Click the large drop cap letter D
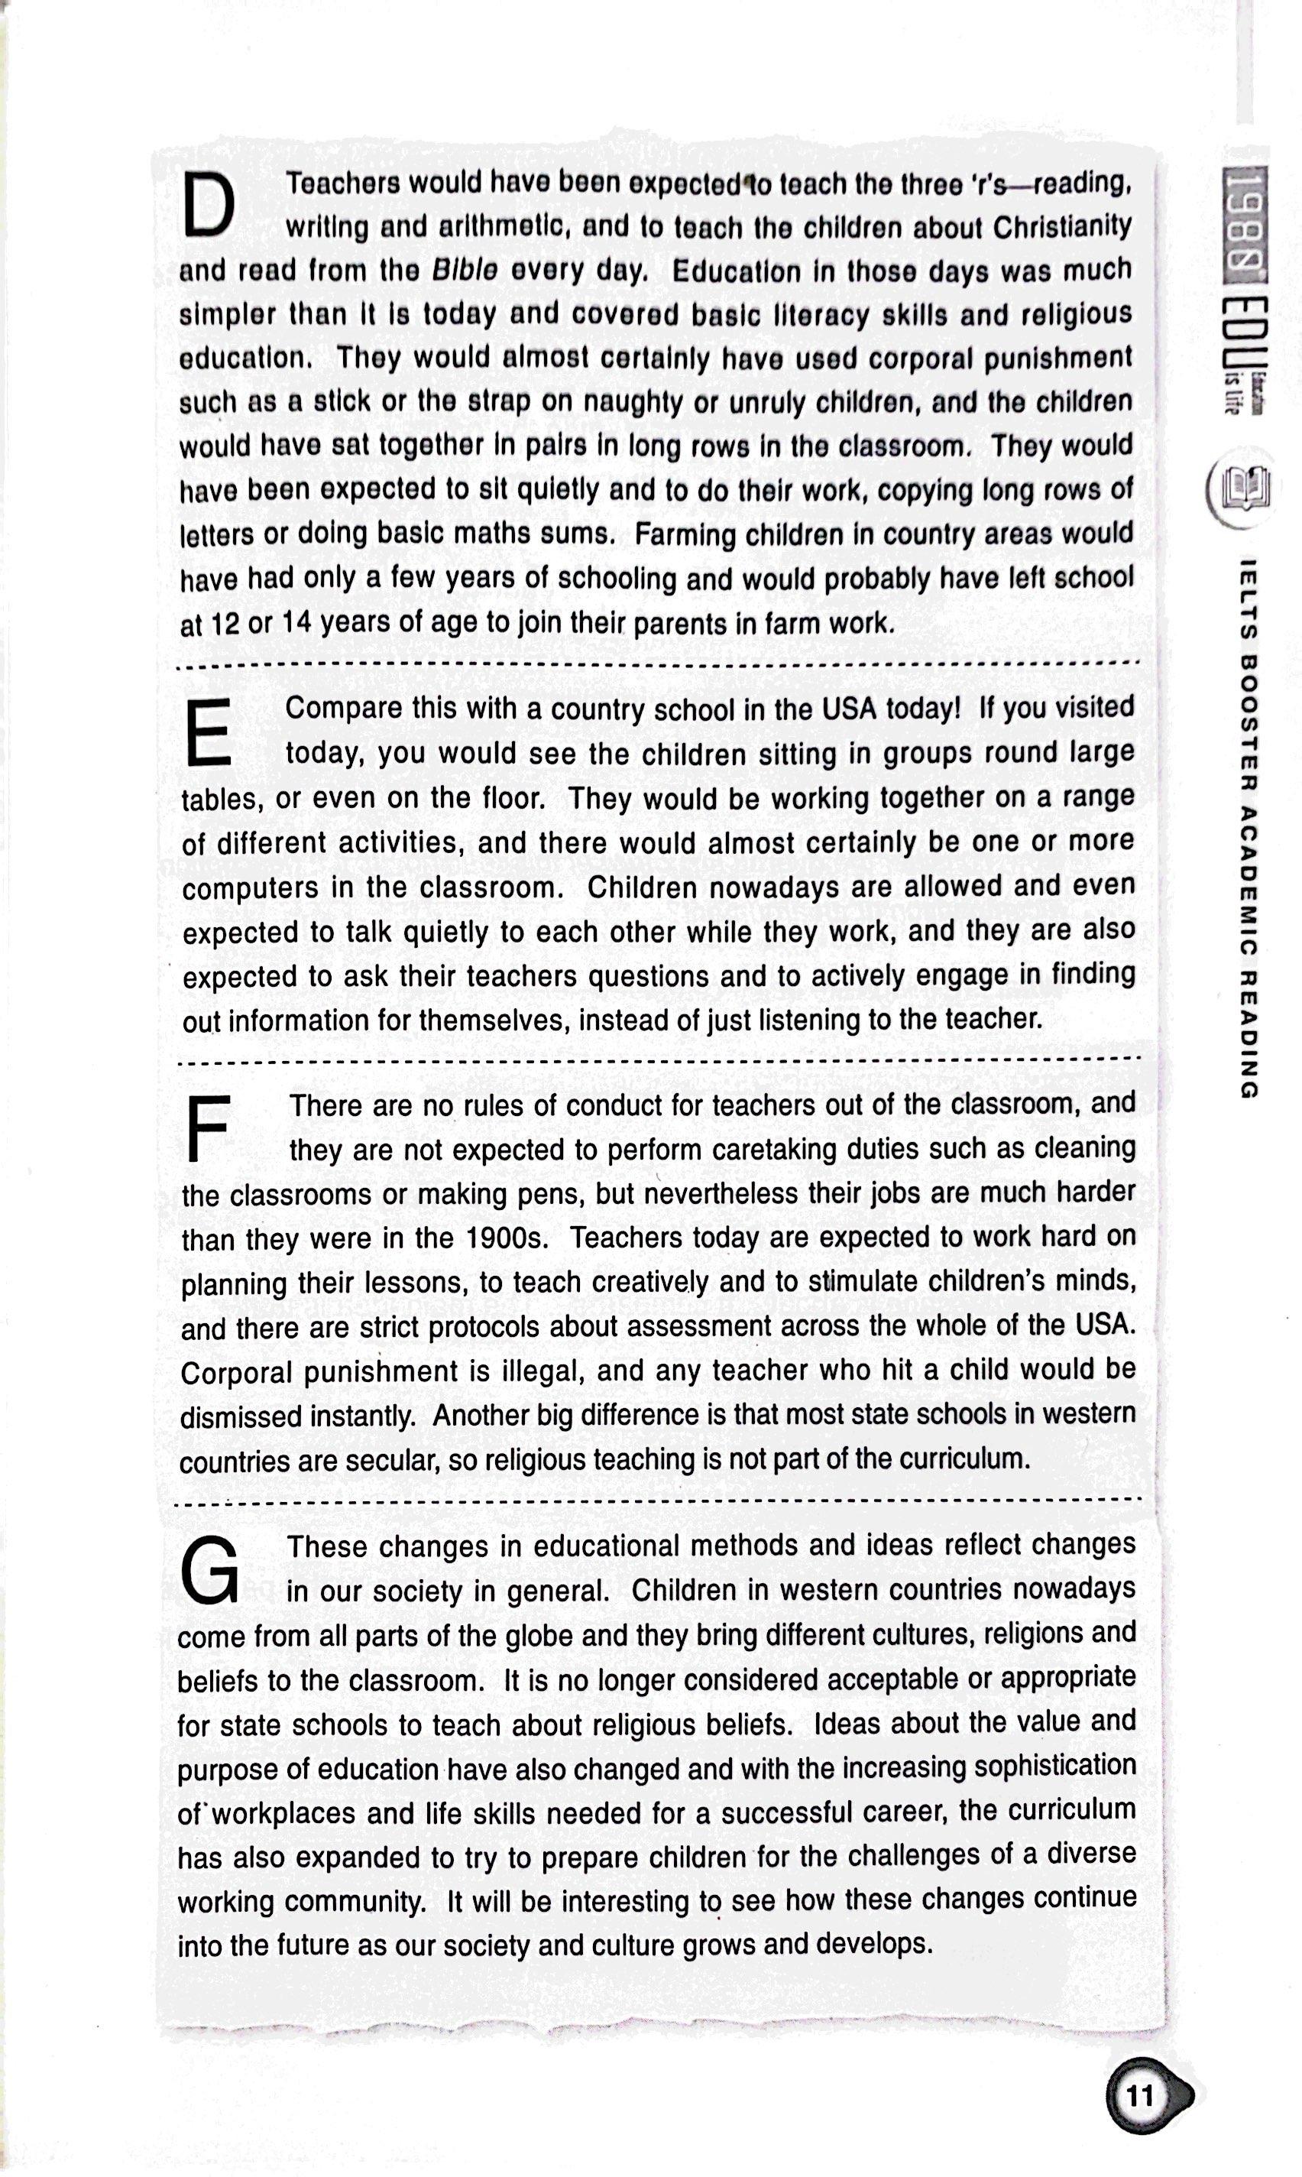(x=209, y=203)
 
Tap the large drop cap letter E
(x=209, y=731)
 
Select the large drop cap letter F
(x=208, y=1127)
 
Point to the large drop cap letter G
(x=209, y=1570)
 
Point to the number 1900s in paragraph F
(x=507, y=1238)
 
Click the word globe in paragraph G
(x=581, y=1636)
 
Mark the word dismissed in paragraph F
(x=239, y=1416)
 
